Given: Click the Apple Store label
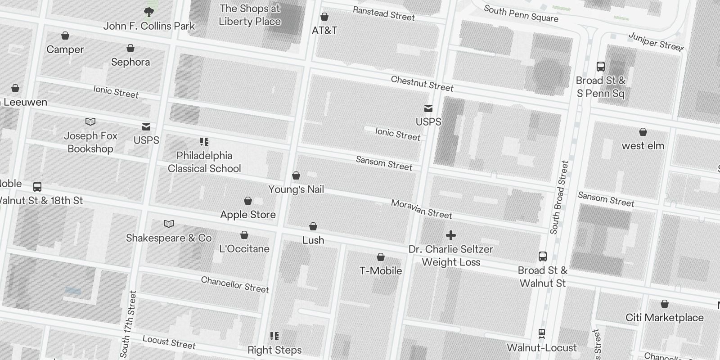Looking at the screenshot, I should (247, 215).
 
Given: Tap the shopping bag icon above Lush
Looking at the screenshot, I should (313, 226).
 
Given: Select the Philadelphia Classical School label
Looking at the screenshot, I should (204, 162).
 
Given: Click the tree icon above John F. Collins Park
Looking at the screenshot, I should (148, 12).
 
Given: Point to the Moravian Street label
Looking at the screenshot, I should (421, 209).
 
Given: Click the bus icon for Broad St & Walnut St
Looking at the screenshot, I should (543, 256).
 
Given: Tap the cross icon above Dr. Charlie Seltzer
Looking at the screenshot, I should (450, 235).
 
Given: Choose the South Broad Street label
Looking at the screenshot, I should (559, 197).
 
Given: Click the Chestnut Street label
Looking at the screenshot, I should (422, 84).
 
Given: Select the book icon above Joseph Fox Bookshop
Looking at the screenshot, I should (90, 121).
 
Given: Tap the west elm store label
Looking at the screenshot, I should (643, 146).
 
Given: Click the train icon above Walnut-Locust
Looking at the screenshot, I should (542, 334).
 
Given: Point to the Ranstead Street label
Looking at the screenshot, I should (383, 13).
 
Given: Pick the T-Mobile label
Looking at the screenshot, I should (380, 270).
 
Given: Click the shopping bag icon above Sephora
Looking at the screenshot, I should (130, 48).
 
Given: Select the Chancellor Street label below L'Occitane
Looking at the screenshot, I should (234, 284).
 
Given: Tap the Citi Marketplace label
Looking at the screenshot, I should (664, 318).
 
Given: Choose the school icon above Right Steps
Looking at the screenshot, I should (274, 336).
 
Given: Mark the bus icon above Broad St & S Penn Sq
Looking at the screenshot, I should (600, 67).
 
